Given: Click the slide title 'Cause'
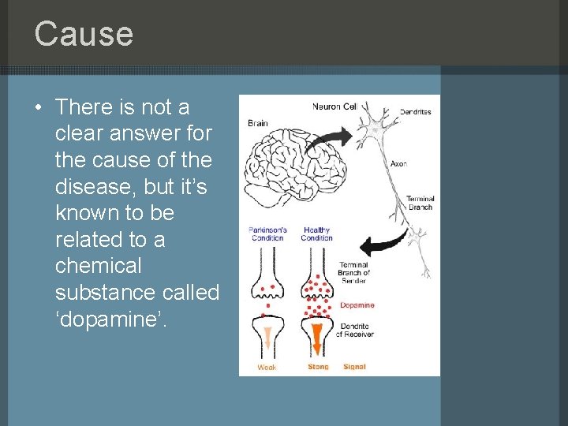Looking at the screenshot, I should coord(84,34).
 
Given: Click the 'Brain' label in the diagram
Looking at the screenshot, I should coord(258,123).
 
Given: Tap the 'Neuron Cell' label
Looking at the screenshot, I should coord(334,106).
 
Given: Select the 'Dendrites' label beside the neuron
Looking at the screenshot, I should coord(415,112).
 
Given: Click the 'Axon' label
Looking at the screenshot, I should coord(398,164).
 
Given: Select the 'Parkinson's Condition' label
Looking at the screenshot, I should coord(267,234).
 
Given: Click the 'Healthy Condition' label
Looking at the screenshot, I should coord(316,234).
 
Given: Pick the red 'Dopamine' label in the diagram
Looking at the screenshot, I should coord(357,305).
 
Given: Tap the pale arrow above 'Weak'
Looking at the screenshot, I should coord(267,337).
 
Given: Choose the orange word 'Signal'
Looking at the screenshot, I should coord(354,367).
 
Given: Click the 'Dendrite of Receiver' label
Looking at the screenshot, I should coord(355,330).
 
